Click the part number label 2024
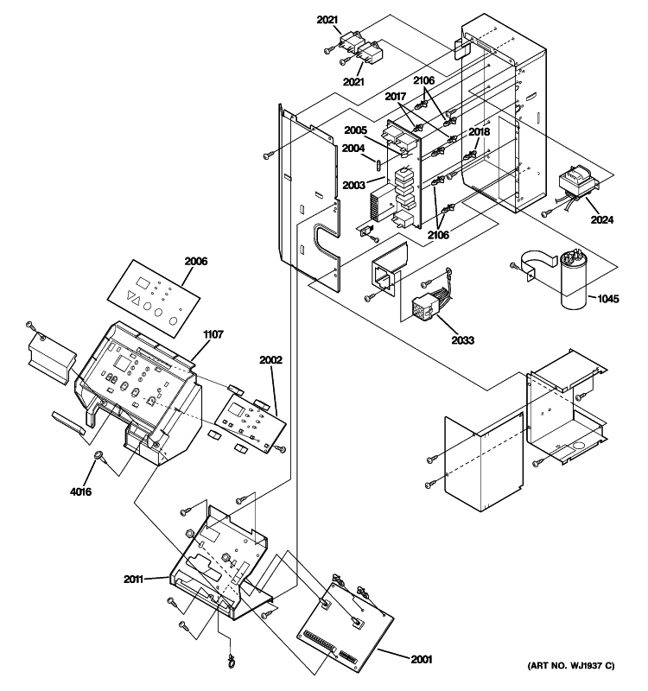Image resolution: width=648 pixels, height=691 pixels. point(601,219)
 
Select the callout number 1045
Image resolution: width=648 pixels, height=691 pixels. point(608,299)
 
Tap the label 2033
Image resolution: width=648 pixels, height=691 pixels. point(463,340)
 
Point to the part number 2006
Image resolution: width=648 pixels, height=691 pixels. point(196,262)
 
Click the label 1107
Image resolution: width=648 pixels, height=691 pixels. point(213,335)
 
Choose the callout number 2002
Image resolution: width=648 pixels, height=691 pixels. point(270,360)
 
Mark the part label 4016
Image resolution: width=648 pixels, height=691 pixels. point(80,491)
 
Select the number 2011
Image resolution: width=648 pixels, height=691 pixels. point(133,579)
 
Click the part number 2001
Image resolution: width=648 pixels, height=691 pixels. point(422,659)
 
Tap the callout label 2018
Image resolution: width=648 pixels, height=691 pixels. point(480,131)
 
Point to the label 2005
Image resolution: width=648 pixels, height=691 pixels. point(355,130)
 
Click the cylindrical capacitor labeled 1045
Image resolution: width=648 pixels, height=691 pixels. point(574,278)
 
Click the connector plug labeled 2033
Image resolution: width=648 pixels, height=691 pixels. point(428,305)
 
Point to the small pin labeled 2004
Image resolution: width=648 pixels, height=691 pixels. point(378,165)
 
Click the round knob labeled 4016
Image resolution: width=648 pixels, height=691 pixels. point(98,455)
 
